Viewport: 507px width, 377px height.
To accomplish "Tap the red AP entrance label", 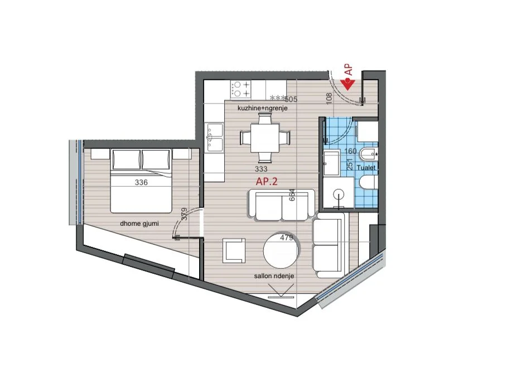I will click(349, 69).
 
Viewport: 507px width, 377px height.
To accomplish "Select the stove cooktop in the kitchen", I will click(241, 88).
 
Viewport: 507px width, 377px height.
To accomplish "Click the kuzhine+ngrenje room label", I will click(262, 108).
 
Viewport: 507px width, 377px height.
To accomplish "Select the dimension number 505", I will click(291, 100).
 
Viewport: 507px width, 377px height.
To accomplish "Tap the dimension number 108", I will click(329, 98).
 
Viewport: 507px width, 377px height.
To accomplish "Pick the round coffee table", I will click(282, 250).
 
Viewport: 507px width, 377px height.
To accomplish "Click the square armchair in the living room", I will click(233, 250).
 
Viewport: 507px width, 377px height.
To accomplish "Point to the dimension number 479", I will click(286, 238).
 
